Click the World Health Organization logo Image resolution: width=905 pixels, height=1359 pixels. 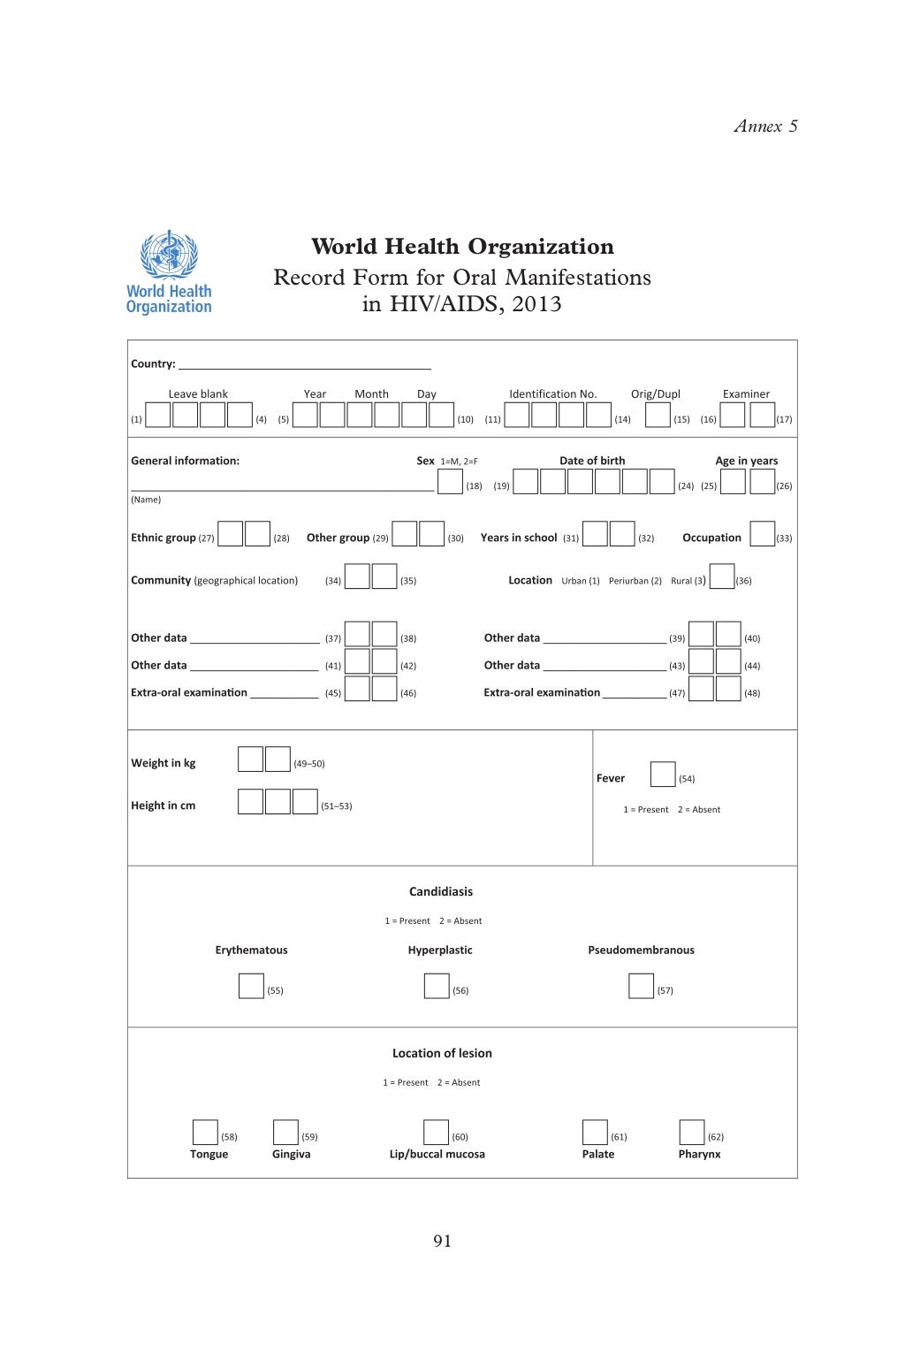169,272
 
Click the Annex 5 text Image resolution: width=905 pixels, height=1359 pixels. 765,126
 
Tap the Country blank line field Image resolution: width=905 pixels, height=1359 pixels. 304,363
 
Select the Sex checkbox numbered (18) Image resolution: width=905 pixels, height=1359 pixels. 451,482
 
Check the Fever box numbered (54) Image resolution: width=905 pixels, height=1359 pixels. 662,775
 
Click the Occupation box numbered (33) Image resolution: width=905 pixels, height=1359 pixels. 762,534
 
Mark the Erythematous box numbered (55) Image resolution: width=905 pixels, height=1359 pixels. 251,986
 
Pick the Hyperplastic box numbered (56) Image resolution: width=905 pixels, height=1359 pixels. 437,986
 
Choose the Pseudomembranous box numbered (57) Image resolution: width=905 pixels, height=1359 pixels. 641,986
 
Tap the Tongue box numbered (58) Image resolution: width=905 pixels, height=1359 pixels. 205,1133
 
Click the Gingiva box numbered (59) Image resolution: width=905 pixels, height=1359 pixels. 285,1133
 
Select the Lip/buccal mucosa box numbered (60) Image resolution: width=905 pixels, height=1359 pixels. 436,1133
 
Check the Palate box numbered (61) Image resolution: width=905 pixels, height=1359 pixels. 595,1133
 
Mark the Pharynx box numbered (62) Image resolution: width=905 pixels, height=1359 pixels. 692,1133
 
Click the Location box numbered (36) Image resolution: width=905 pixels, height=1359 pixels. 722,576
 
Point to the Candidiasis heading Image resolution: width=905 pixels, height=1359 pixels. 441,891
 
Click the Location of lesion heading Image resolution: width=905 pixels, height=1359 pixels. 442,1053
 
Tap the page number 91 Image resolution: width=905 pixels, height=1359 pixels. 443,1241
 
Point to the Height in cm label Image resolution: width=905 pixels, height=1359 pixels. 164,805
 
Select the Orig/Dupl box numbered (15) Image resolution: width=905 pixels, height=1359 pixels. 658,415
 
